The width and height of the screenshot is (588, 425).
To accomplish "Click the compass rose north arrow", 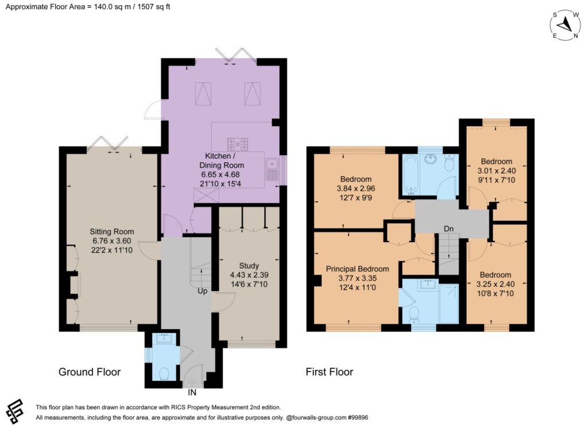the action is tap(564, 25).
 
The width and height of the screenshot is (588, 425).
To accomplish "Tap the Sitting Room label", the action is tap(112, 232).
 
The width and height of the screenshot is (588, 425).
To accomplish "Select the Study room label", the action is tap(249, 266).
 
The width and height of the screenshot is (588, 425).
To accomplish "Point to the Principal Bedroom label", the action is tap(357, 269).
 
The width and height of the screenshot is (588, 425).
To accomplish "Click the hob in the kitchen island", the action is tap(238, 144).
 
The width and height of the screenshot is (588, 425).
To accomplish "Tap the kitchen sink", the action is tap(271, 169).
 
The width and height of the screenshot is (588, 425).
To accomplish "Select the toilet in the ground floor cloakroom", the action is tap(164, 373).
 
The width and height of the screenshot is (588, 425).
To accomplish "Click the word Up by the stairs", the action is tap(203, 291).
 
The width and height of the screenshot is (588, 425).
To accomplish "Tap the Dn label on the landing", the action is tap(448, 229).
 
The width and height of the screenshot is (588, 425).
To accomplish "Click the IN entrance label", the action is tap(192, 393).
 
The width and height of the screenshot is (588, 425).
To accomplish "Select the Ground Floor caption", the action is tap(90, 372).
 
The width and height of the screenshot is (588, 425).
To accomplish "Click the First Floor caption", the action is tap(329, 372).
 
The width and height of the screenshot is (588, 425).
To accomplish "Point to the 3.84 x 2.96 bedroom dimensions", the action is tap(356, 189).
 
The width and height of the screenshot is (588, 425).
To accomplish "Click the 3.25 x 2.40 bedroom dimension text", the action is tap(496, 284).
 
